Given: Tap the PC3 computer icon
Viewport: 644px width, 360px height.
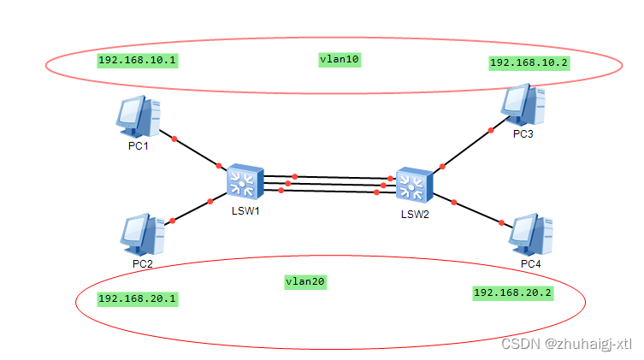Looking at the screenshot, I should point(523,104).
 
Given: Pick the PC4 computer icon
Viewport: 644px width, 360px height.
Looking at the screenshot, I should point(530,233).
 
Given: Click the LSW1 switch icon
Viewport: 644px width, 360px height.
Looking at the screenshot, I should point(244,182).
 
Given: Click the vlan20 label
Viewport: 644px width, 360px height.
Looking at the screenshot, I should point(305,280).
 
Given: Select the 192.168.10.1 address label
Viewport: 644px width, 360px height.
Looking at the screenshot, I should point(137,60).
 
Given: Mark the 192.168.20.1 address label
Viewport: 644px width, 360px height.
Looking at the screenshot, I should point(137,298).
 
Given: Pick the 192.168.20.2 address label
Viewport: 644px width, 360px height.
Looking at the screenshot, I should point(513,292).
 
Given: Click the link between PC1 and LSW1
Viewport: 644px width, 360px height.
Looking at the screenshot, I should point(197,151).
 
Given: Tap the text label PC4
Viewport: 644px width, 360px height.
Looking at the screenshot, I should point(530,263).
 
